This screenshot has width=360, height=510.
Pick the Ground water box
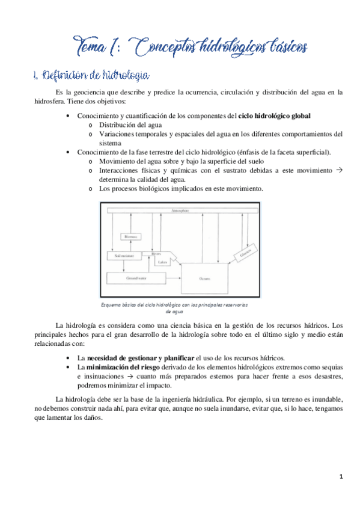coord(133,278)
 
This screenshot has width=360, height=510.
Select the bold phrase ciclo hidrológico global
coord(275,115)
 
